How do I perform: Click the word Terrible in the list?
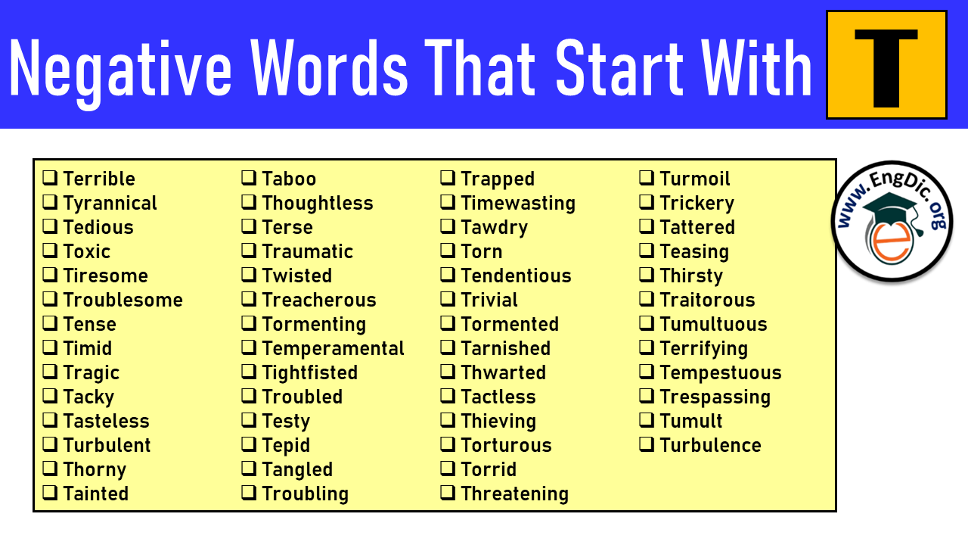coord(99,179)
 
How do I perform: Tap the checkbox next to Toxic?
coord(50,251)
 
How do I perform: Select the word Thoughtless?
coord(318,204)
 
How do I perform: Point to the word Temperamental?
coord(334,349)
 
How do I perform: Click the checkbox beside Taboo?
coord(249,178)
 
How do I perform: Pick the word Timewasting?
coord(518,204)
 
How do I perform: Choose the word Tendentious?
coord(516,276)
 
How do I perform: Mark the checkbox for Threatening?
coord(447,493)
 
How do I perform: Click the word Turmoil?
coord(695,179)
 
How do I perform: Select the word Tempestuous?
coord(721,373)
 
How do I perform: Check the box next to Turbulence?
coord(646,444)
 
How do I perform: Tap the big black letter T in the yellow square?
coord(886,68)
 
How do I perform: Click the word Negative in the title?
coord(121,69)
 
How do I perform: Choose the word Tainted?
coord(96,494)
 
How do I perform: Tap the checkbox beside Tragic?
coord(50,372)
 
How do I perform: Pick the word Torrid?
coord(489,469)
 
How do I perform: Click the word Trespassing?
coord(715,397)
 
